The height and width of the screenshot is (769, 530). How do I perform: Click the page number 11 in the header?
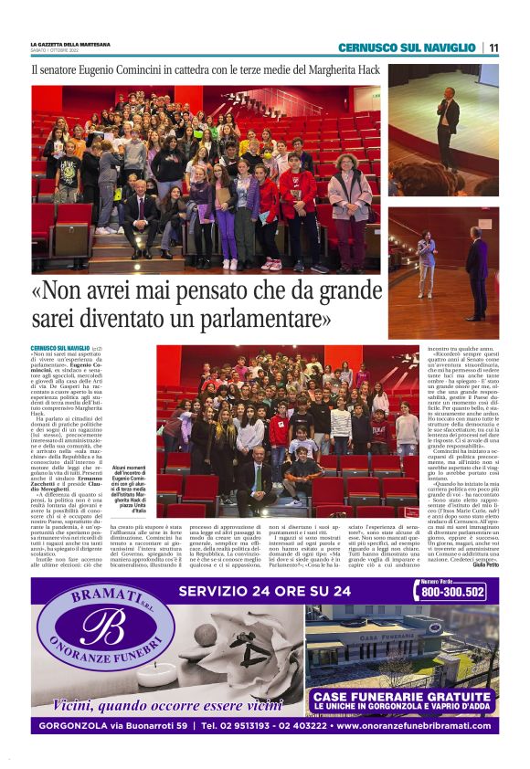tap(493, 47)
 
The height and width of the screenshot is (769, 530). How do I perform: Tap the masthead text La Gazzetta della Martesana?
tap(70, 44)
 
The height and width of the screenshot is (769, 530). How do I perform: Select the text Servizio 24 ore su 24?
tap(265, 591)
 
